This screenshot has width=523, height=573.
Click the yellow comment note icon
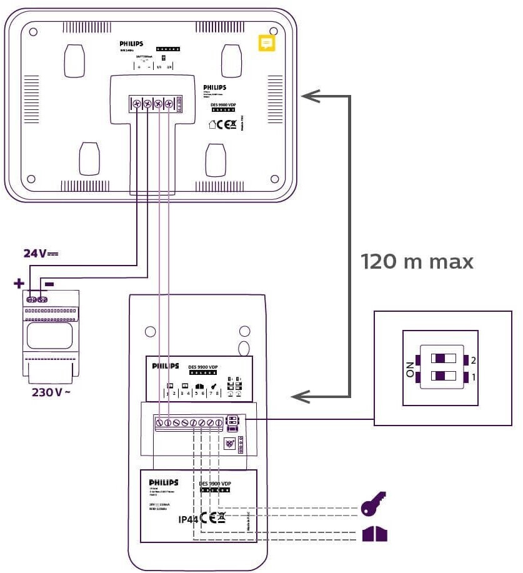click(x=267, y=42)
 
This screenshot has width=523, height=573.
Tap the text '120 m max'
click(x=417, y=261)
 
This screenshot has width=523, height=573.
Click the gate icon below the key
click(x=374, y=534)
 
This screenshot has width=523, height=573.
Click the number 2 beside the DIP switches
click(x=473, y=361)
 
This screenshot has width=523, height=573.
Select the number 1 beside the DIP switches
click(x=473, y=377)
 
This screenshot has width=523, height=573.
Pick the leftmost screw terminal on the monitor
click(x=137, y=104)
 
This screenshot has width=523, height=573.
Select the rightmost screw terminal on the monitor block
click(x=168, y=104)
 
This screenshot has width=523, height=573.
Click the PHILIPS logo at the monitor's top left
click(x=131, y=44)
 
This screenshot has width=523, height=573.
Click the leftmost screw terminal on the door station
click(x=160, y=424)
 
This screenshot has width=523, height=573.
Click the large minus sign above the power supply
click(x=49, y=284)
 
